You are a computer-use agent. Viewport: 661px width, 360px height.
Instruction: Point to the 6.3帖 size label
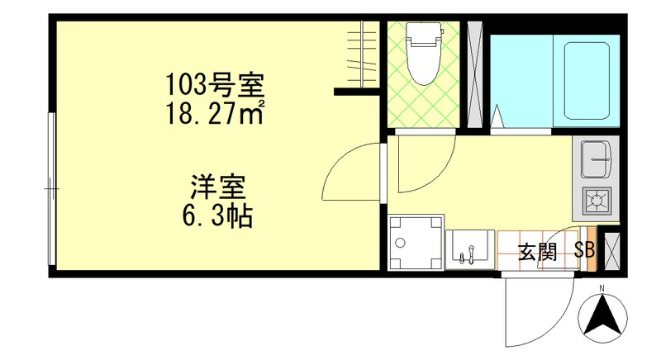pos(217,216)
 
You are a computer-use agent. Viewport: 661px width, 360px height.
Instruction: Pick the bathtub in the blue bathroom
pos(589,80)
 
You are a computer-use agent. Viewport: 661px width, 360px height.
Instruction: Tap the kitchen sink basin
pos(596,158)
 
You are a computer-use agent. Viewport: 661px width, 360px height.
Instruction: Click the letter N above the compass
pos(602,288)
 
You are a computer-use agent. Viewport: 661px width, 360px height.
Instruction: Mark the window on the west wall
pos(52,190)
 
